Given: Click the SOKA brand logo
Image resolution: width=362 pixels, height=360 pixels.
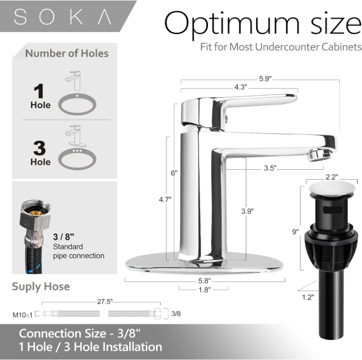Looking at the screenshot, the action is coord(63,17).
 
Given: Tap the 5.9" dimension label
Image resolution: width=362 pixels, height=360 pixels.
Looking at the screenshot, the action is coord(265,79).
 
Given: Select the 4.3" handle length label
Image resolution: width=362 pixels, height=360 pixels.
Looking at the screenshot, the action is coord(241,87).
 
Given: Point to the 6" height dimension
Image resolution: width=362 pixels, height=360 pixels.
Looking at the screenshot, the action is coord(174,173).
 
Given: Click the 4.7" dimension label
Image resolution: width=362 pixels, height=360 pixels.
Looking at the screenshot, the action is coord(165,199).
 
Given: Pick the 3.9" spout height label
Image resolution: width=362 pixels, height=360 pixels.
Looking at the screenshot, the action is coord(248,211).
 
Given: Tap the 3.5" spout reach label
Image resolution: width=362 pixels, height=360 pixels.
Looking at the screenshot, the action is coord(270,168).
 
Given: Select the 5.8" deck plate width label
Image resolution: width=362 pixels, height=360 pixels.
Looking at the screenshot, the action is coord(204,281).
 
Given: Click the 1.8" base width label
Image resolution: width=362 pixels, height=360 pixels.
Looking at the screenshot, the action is coord(204,290).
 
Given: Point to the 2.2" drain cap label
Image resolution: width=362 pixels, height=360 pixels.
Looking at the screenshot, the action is coord(332,177).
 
